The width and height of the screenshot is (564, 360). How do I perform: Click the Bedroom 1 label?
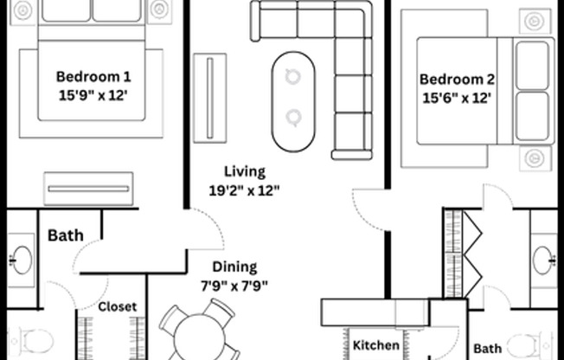click(x=93, y=77)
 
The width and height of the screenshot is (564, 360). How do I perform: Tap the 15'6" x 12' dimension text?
click(x=457, y=98)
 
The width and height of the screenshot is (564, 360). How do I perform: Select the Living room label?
click(x=245, y=171)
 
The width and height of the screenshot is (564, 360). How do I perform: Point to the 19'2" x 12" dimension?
click(x=244, y=190)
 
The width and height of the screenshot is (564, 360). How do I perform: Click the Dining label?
click(x=235, y=267)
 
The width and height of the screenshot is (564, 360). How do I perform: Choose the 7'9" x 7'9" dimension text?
click(x=234, y=286)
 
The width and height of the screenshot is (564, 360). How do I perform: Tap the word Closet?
click(x=118, y=306)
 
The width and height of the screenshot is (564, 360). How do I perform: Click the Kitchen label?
click(x=376, y=345)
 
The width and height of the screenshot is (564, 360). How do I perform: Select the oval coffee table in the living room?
click(x=293, y=101)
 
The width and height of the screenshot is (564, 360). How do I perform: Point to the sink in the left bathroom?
click(x=22, y=260)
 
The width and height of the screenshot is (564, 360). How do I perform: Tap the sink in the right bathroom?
click(x=544, y=260)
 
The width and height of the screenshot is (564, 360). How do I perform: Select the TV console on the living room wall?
click(x=210, y=98)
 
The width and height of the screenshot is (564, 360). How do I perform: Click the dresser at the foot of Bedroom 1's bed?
click(x=88, y=189)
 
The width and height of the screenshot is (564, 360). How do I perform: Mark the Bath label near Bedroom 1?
click(x=66, y=235)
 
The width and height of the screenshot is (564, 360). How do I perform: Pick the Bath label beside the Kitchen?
click(x=487, y=349)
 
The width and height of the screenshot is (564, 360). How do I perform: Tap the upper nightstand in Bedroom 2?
click(x=535, y=22)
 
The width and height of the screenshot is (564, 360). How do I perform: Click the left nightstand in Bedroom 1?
click(x=23, y=11)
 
